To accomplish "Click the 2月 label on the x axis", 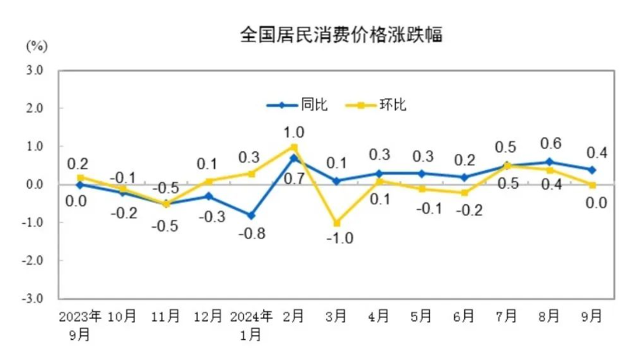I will pos(294,317).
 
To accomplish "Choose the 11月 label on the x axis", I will pos(165,317).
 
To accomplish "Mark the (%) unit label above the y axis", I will pos(37,44).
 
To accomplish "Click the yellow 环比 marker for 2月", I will pos(294,146).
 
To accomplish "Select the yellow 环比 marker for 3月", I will pos(336,223).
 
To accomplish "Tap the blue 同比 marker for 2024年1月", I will pos(251,215).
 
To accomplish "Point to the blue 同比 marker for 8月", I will pos(549,162).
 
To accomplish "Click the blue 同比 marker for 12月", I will pos(208,196).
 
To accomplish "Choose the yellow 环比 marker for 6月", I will pos(464,192).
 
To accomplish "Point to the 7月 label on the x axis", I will pos(507,317).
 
